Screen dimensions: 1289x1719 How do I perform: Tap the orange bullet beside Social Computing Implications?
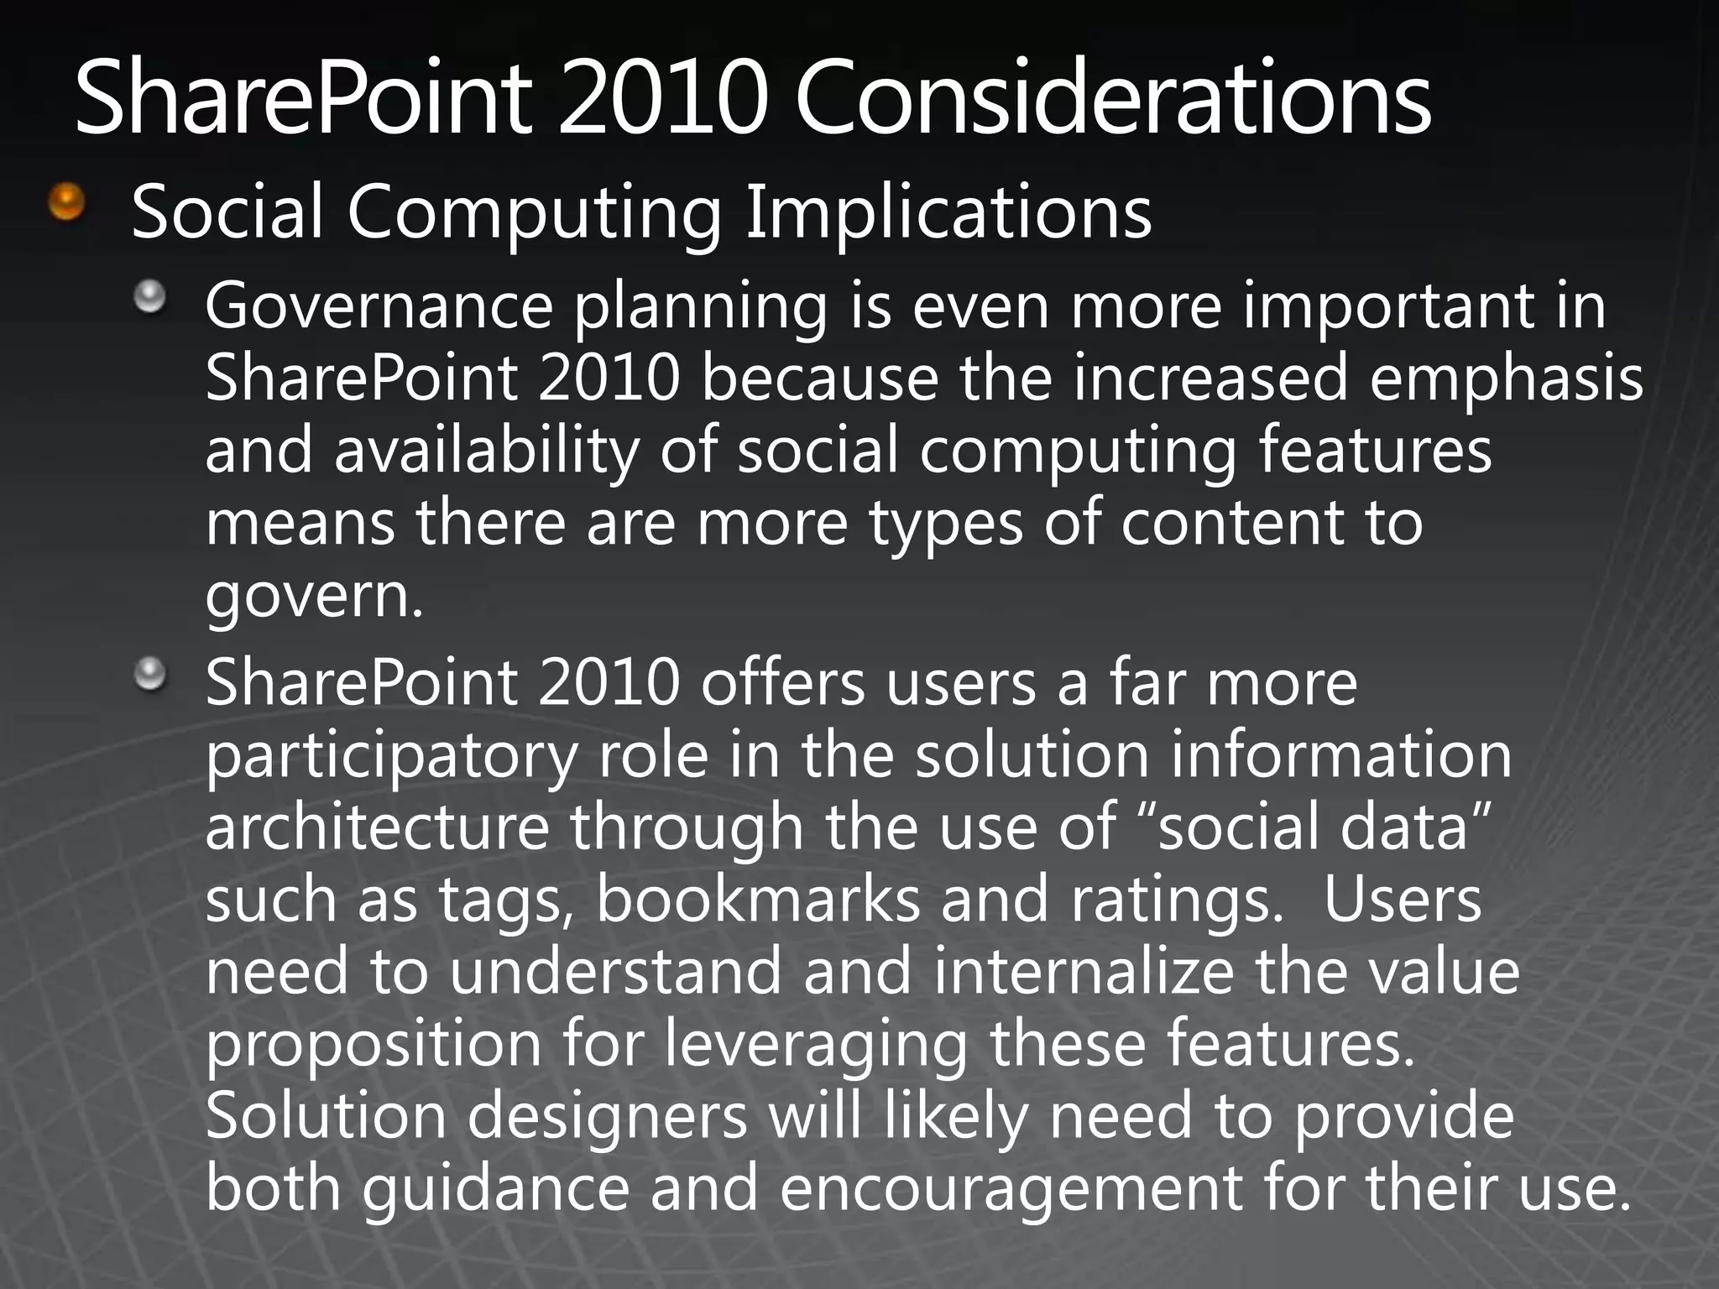[67, 202]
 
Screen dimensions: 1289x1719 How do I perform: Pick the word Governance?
[379, 306]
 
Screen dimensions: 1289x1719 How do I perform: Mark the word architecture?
[377, 827]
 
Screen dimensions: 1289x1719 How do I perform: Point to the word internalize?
[1084, 972]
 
